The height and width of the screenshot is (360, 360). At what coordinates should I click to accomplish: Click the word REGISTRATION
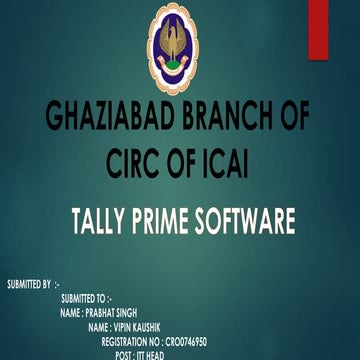pyautogui.click(x=127, y=341)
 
